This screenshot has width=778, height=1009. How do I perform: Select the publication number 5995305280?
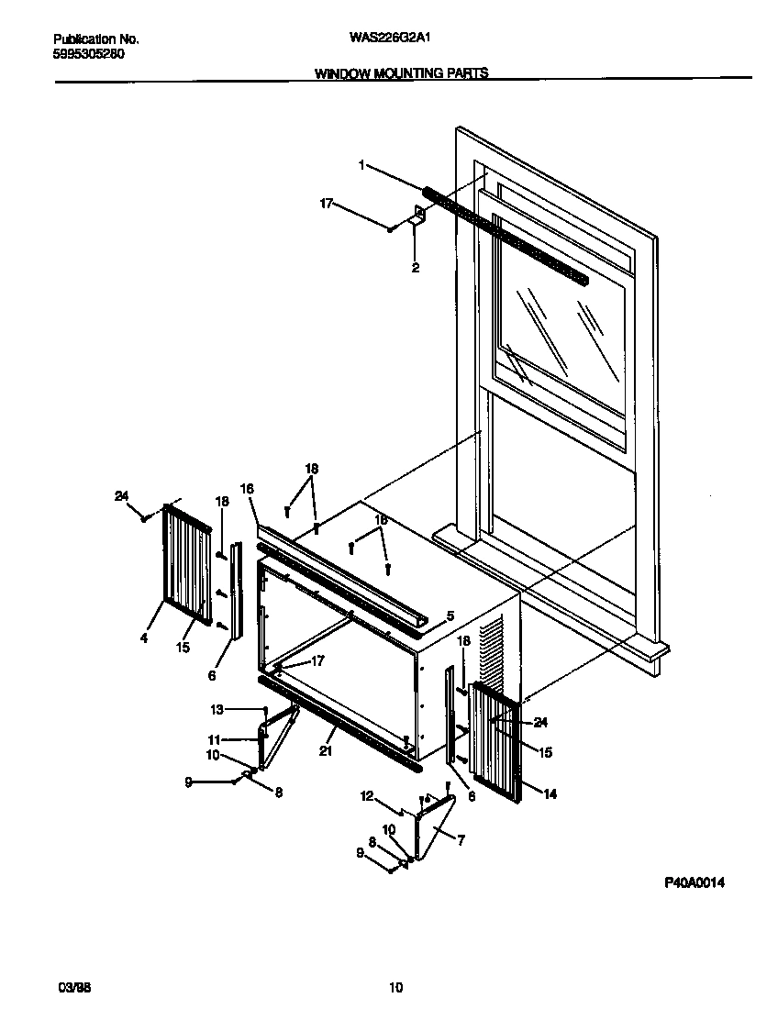[x=89, y=54]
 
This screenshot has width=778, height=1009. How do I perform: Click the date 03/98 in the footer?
[x=73, y=988]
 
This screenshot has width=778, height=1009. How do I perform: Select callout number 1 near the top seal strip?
[x=361, y=165]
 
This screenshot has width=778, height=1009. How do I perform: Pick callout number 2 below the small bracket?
[x=415, y=269]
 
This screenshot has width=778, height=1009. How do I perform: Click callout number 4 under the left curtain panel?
[x=144, y=638]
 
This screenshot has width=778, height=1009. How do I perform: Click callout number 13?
[x=217, y=709]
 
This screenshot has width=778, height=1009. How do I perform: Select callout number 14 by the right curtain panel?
[x=550, y=794]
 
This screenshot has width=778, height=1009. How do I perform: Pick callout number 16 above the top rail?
[x=246, y=489]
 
